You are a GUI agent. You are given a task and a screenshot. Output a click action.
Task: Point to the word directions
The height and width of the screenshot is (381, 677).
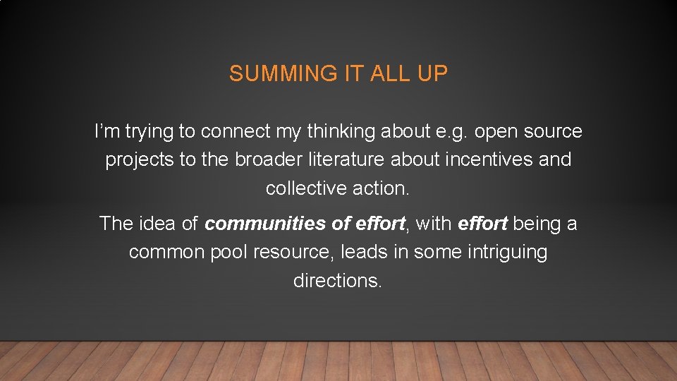(x=338, y=281)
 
